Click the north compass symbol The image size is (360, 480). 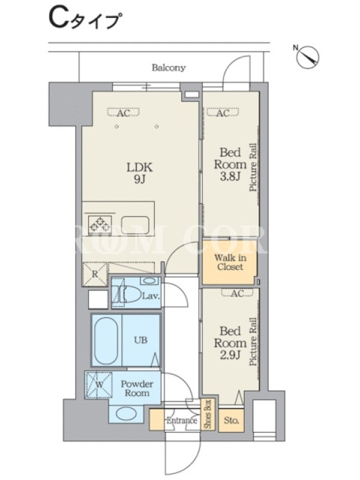pos(308,56)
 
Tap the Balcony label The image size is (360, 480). pos(169,67)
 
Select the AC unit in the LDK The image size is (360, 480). pos(124,113)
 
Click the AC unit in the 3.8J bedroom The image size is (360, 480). pos(223,113)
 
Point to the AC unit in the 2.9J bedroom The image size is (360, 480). pos(238,293)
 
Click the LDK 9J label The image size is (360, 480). pos(140,173)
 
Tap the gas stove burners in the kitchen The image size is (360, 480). pos(100,224)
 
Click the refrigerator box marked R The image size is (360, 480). pos(95,274)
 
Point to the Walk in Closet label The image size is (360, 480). pos(230,262)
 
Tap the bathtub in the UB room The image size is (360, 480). pos(106,340)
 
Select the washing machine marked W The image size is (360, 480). pos(99,385)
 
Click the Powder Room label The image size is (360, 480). pos(137,388)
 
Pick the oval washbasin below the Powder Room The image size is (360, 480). pos(126,415)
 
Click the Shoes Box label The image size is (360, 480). pos(208,414)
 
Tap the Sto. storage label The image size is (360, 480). pos(232,421)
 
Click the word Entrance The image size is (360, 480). pos(182,421)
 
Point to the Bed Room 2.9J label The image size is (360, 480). pos(230,343)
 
